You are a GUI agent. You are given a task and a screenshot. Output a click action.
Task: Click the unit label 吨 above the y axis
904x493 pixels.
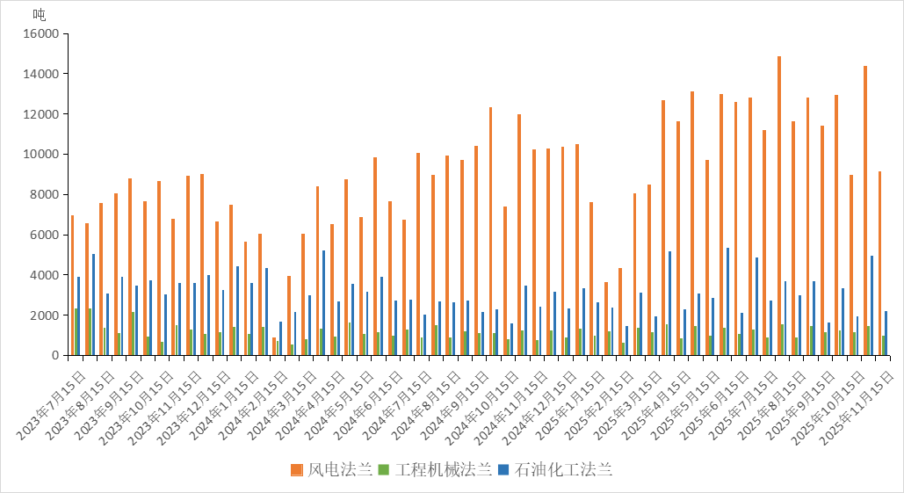(x=40, y=14)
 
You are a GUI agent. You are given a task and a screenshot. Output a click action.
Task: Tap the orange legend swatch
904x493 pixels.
(x=297, y=470)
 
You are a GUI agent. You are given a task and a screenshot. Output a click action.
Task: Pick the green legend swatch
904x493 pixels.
(x=383, y=470)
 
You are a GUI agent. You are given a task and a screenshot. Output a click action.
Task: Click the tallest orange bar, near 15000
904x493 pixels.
(x=779, y=206)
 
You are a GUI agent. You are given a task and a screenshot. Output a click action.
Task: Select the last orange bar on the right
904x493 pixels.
(x=879, y=264)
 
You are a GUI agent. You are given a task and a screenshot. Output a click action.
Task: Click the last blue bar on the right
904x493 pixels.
(x=886, y=333)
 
